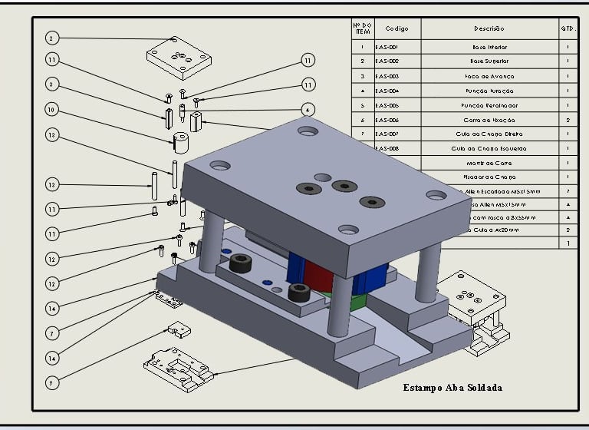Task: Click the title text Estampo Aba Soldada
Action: (x=452, y=388)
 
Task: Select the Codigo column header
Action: (x=397, y=28)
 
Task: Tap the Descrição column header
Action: (x=489, y=28)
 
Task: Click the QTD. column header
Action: (x=568, y=28)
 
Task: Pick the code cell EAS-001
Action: (x=387, y=47)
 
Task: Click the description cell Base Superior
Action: (x=489, y=61)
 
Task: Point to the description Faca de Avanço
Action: (x=489, y=77)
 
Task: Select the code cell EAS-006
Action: (x=387, y=120)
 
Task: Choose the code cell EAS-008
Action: (x=387, y=148)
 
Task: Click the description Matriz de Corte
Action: (x=489, y=163)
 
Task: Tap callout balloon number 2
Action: (x=51, y=38)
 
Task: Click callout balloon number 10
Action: (x=51, y=110)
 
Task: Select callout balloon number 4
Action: (x=307, y=109)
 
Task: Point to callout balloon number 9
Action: (x=51, y=382)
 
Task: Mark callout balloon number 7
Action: (x=51, y=333)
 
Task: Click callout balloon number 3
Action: (x=51, y=84)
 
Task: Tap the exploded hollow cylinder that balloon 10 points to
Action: (x=180, y=142)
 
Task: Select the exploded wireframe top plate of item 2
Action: (x=178, y=58)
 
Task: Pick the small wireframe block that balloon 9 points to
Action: (x=179, y=330)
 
